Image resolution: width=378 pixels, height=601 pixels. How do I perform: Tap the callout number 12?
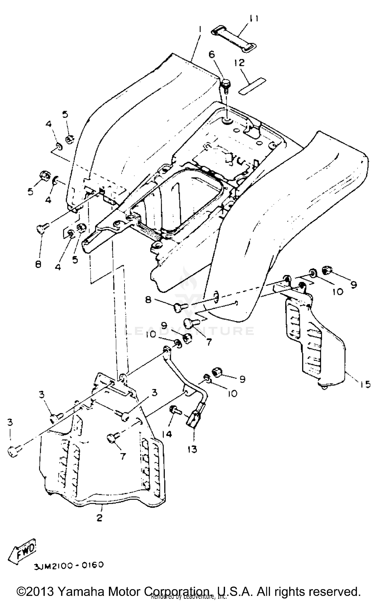click(x=239, y=63)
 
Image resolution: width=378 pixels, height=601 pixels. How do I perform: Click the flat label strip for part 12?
click(x=252, y=86)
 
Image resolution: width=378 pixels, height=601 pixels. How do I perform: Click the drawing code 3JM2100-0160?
click(x=69, y=565)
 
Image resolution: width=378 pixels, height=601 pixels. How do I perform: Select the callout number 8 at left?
click(x=38, y=265)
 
